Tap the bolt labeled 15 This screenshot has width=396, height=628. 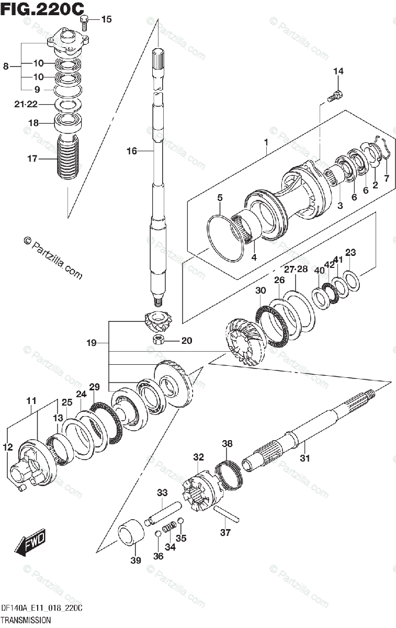85,21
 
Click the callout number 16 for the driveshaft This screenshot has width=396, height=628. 131,151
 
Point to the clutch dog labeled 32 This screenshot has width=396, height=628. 201,487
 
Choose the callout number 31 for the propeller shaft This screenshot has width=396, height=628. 305,458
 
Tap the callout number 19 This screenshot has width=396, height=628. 92,343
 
